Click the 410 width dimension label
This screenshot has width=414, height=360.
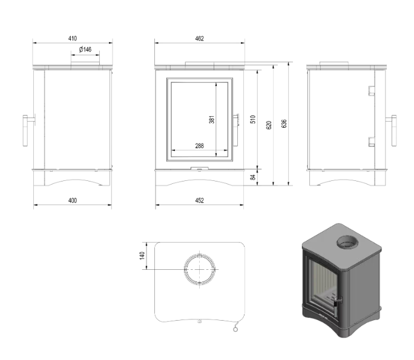(x=73, y=39)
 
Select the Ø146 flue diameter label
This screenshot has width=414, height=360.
(x=85, y=50)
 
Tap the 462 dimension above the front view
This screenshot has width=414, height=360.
(x=200, y=39)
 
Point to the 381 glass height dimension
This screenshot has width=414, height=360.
(x=212, y=120)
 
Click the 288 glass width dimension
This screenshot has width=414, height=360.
(x=200, y=146)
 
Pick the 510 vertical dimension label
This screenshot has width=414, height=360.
(x=254, y=119)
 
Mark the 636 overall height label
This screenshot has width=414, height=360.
(x=284, y=124)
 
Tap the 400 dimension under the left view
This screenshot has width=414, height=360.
(x=73, y=200)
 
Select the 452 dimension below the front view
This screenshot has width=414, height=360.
(x=200, y=200)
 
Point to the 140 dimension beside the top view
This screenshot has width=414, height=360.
(x=143, y=256)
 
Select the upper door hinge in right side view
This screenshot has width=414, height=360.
(x=370, y=91)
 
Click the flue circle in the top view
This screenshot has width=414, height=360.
(x=200, y=269)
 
